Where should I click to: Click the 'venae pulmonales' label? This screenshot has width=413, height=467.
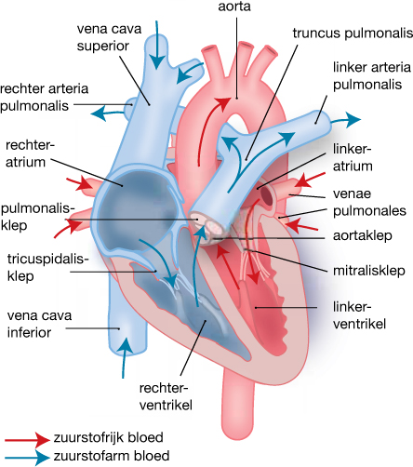[x=367, y=205]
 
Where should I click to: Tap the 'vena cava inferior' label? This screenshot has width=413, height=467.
[x=34, y=319]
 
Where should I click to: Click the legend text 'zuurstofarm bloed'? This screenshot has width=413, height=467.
[x=113, y=457]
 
